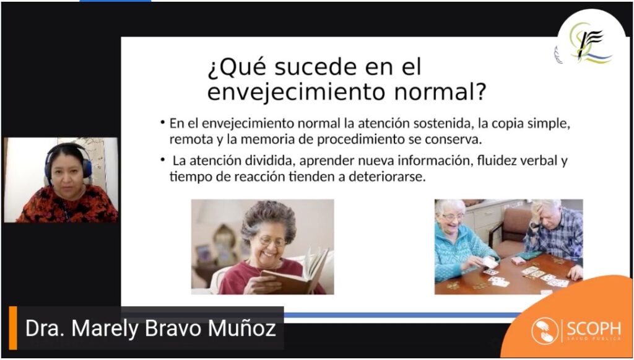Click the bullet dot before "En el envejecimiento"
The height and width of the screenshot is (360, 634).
point(163,122)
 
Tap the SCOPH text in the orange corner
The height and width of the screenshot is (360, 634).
point(594,328)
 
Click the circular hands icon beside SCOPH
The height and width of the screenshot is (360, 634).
point(545,331)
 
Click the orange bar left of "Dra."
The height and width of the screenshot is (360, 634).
point(13,328)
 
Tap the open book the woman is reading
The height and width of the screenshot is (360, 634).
point(296,273)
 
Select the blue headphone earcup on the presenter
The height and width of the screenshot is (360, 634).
point(87,168)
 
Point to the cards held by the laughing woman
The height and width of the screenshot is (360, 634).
point(490,263)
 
